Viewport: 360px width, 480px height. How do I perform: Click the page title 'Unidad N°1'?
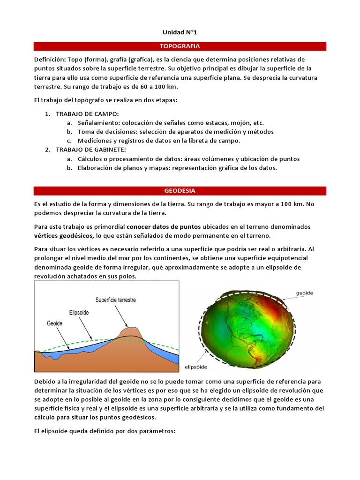tap(180, 32)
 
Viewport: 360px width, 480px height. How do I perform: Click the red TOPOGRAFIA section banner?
tap(180, 46)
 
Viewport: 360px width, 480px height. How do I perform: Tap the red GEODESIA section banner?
tap(180, 191)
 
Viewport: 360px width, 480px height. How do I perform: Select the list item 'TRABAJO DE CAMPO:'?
tap(87, 114)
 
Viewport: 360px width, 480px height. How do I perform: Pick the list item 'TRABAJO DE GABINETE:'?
tap(91, 150)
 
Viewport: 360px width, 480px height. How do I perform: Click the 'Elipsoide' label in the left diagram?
tap(82, 312)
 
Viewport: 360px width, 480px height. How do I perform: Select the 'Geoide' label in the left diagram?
tap(55, 323)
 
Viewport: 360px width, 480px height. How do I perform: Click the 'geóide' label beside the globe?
tap(304, 292)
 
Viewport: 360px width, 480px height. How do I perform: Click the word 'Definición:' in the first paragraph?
tap(50, 60)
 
